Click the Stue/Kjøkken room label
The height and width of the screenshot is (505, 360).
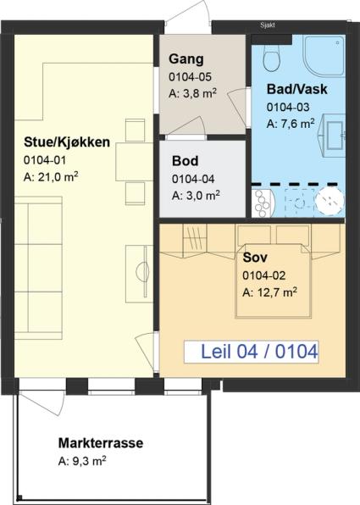[x=67, y=142]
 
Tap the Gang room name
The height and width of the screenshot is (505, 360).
[x=186, y=59]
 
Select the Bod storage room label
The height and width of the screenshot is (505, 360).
[x=186, y=161]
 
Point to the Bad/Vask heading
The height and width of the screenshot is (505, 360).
[x=296, y=89]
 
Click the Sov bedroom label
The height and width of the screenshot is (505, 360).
[x=255, y=258]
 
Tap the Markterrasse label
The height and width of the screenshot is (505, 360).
[x=101, y=443]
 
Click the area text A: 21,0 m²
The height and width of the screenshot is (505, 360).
[x=51, y=177]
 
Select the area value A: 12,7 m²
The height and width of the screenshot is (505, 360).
[x=269, y=292]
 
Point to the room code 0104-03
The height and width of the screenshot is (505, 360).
[x=288, y=108]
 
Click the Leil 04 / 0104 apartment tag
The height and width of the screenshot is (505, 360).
[x=259, y=352]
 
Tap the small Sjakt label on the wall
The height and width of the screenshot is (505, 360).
[x=268, y=25]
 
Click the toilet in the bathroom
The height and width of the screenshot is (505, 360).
[x=271, y=58]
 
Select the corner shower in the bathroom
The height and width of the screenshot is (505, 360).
[x=324, y=56]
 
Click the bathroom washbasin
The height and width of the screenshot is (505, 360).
[x=332, y=136]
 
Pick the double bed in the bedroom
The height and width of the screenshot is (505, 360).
[x=274, y=280]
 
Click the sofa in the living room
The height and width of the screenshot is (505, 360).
[x=38, y=268]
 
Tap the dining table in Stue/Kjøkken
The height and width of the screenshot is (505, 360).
[x=135, y=162]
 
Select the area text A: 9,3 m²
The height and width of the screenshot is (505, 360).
[x=82, y=461]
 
